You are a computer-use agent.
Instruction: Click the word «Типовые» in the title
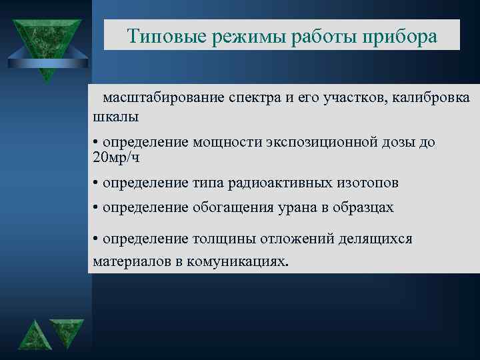(166, 36)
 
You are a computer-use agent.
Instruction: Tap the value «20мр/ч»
(117, 158)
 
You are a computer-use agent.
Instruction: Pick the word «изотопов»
(361, 183)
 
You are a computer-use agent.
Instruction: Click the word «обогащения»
(233, 207)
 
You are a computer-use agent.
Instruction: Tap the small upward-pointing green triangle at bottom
(33, 337)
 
